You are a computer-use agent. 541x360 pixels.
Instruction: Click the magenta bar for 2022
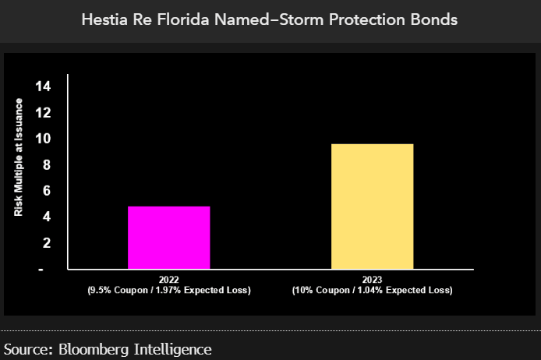click(x=169, y=238)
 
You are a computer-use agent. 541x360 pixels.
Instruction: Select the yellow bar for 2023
click(x=372, y=206)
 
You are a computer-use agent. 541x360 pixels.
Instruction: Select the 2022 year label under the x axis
click(x=169, y=279)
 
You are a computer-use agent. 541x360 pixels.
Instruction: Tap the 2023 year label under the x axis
click(x=372, y=279)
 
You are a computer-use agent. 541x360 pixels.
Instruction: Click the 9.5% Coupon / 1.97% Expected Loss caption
click(x=169, y=290)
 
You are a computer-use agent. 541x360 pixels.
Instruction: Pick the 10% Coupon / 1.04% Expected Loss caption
click(x=372, y=290)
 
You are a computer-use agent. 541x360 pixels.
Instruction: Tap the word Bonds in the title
click(x=437, y=20)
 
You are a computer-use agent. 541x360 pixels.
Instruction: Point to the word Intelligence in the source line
click(x=171, y=348)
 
